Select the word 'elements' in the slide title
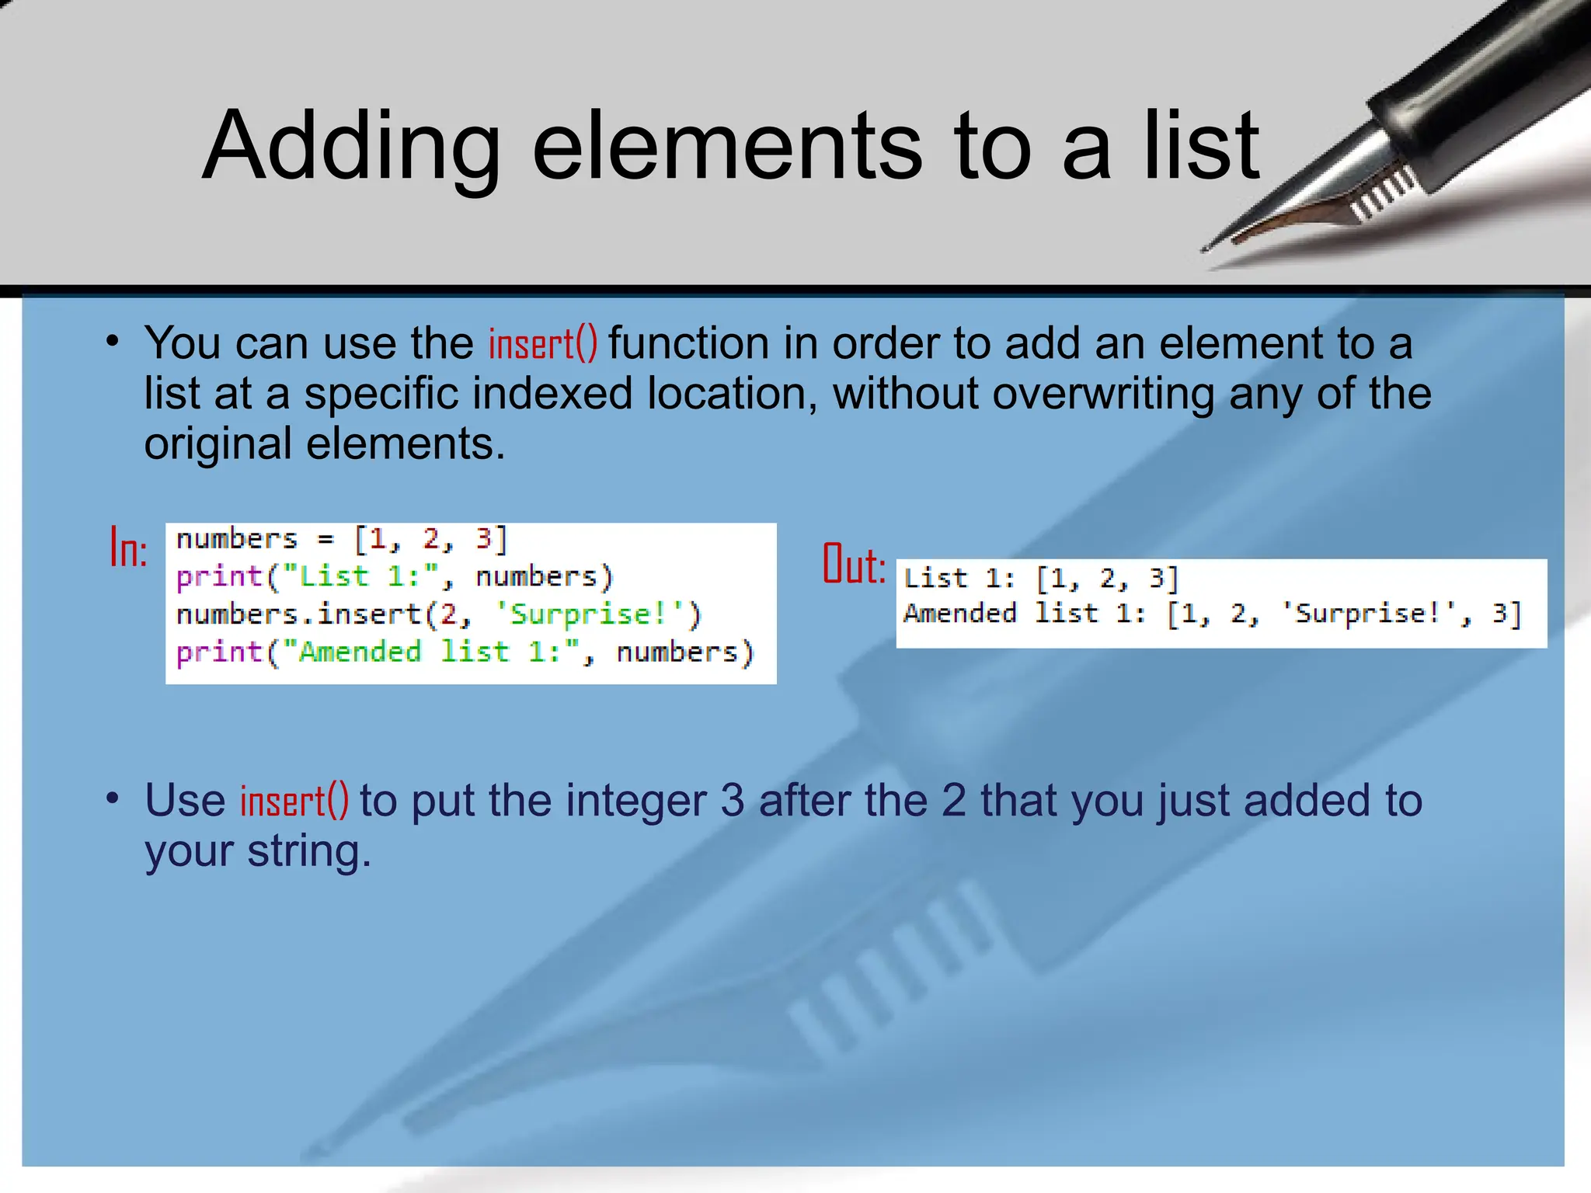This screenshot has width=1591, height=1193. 727,146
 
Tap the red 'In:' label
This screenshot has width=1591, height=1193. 128,548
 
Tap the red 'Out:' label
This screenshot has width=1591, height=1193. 854,565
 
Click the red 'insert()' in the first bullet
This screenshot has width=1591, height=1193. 543,344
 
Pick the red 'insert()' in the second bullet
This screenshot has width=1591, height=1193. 294,801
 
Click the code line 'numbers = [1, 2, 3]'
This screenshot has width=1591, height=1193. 342,539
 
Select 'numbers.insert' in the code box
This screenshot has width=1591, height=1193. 299,614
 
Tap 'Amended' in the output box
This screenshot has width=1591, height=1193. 960,614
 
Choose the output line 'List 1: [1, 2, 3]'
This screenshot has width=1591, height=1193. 1041,579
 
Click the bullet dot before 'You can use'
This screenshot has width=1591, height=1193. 113,342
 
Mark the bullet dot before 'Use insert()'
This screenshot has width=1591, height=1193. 113,798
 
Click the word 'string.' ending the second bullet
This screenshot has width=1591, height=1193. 309,851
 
